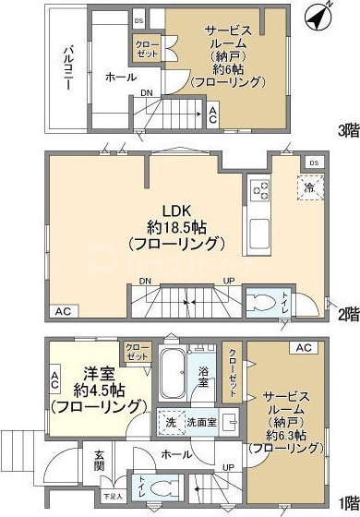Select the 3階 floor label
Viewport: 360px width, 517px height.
click(347, 131)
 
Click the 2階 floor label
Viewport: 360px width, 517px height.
click(347, 314)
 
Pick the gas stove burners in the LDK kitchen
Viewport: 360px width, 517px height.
click(259, 191)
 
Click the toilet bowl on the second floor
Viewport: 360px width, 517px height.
click(264, 300)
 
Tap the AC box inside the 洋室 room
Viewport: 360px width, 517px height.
click(54, 378)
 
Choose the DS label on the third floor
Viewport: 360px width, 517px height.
click(138, 20)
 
